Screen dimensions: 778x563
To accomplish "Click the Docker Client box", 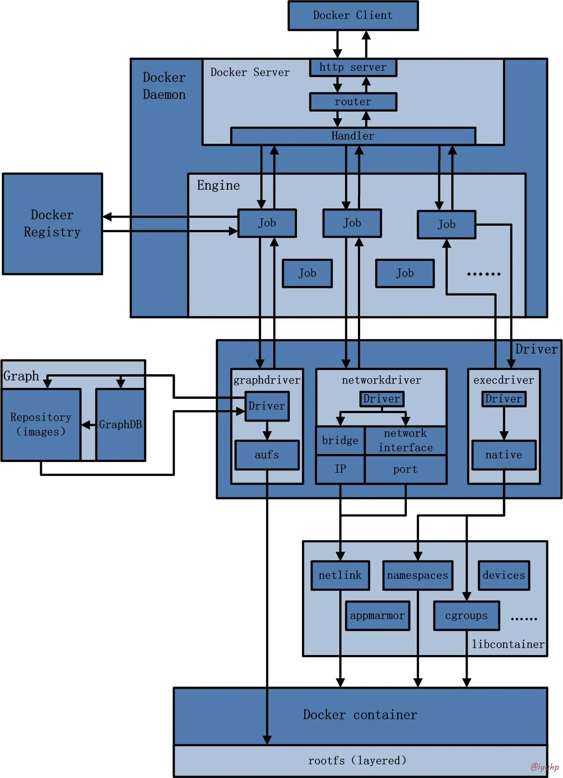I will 353,16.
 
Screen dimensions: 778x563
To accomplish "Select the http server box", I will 353,68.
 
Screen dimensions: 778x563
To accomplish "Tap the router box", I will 353,102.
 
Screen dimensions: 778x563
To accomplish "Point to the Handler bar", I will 353,136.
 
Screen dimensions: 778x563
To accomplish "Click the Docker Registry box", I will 52,223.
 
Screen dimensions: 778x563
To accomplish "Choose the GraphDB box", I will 120,424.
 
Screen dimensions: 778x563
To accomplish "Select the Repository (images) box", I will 41,424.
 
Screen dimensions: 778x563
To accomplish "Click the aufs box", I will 267,455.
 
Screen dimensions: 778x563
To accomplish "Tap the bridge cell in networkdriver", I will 340,440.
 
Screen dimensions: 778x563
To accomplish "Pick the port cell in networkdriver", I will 405,469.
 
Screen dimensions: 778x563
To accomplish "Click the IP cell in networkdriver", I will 340,469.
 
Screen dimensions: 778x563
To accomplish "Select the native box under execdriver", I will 504,455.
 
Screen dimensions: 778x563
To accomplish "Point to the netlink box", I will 340,575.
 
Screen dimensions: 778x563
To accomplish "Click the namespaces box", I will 417,575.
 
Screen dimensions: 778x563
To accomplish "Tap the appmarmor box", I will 377,616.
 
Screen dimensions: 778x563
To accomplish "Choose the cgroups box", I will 466,616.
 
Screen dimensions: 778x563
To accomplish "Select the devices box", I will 504,575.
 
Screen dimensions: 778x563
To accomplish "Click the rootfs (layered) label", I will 357,760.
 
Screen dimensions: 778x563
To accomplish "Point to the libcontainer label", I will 508,644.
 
